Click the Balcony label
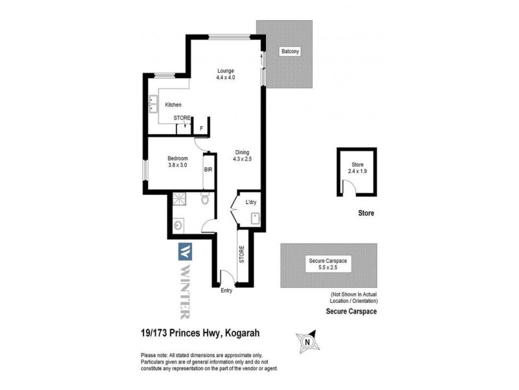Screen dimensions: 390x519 coord(289,51)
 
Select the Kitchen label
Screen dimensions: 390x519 coord(173,105)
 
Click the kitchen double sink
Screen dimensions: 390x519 coord(155,103)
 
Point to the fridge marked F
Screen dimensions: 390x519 coord(201,128)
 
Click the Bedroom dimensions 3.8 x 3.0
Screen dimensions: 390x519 coord(178,165)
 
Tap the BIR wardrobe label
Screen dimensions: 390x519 coord(208,170)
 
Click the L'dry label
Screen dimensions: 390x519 coord(251,202)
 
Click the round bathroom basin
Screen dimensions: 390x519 coord(178,225)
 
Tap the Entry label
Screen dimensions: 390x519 coord(226,291)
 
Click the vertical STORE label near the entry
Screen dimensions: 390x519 coord(242,254)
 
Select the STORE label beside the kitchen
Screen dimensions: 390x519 coord(182,118)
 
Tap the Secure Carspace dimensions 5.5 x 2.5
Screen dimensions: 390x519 coord(328,267)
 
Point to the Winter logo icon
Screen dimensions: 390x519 coord(185,250)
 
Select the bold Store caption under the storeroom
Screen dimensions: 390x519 coord(366,213)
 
